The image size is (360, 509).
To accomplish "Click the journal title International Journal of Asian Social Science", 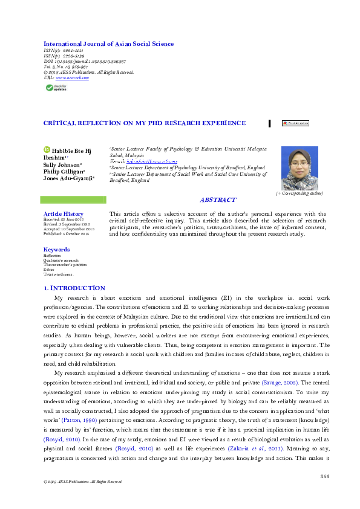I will click(108, 44).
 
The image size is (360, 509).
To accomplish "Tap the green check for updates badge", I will click(57, 88).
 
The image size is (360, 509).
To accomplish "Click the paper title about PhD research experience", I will click(145, 123).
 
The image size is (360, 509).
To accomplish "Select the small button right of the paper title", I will click(295, 123).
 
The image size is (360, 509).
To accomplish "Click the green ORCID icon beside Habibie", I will click(47, 150).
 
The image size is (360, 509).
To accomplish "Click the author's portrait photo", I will click(299, 168).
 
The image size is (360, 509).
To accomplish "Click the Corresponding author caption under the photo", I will click(299, 193).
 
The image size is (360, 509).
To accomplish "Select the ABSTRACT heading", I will click(218, 200).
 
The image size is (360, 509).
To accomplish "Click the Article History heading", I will click(64, 214).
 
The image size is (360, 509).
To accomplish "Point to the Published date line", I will click(66, 234).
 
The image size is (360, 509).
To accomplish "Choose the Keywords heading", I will click(56, 250).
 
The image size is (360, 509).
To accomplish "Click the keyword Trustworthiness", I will click(58, 273).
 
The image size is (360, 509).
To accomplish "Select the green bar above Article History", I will click(72, 199).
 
